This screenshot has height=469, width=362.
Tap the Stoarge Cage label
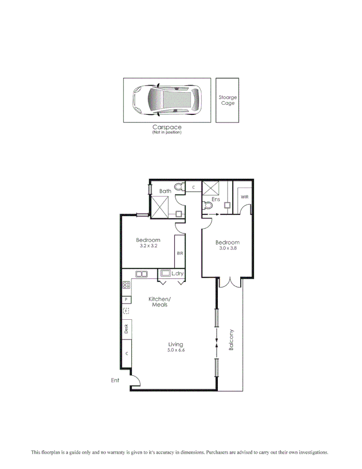tap(228, 100)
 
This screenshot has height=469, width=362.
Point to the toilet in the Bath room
tap(178, 188)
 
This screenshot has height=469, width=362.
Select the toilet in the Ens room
tap(207, 205)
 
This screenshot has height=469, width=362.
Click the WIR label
tap(244, 197)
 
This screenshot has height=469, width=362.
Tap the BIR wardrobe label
tap(179, 253)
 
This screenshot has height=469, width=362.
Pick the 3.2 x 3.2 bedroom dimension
tap(148, 246)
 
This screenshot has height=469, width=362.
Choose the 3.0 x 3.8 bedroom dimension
tap(227, 248)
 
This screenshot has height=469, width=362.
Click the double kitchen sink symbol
tap(141, 274)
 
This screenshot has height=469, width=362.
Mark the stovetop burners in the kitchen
tap(126, 285)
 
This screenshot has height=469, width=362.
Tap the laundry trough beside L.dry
tap(165, 274)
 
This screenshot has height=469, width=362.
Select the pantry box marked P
tap(126, 299)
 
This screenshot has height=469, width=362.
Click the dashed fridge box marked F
tap(126, 311)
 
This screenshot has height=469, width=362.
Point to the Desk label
tap(126, 329)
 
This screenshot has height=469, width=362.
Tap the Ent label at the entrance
tap(115, 380)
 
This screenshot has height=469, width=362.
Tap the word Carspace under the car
tap(167, 127)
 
